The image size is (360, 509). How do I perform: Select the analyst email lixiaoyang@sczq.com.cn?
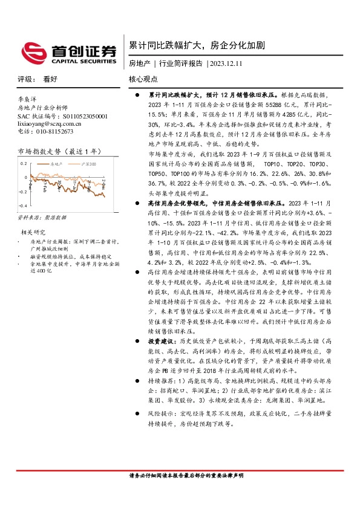(45, 123)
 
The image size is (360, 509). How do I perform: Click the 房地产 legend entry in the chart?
(57, 164)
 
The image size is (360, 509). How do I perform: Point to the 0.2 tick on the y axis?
(24, 164)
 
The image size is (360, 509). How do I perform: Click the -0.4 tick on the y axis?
(22, 206)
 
